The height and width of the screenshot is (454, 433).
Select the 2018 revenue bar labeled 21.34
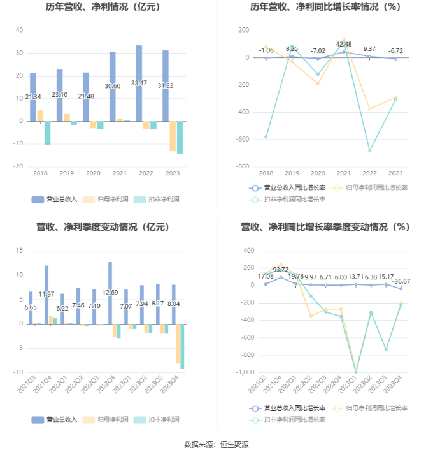[x=32, y=97]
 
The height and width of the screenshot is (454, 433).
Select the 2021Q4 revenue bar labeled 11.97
[x=46, y=294]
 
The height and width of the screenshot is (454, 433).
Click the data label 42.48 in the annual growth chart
[x=344, y=44]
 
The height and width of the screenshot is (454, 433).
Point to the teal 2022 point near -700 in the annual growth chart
[x=370, y=150]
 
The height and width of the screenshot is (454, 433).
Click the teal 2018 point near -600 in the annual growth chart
[x=266, y=137]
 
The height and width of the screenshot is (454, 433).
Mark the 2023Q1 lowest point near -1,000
[x=355, y=371]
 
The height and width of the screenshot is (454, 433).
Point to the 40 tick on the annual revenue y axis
[x=19, y=31]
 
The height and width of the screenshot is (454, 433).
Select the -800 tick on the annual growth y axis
[x=243, y=166]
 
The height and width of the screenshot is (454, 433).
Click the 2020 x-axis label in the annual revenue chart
[x=93, y=173]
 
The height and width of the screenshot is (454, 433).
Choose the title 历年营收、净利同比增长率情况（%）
[x=325, y=8]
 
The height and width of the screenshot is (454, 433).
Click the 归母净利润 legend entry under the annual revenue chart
[x=106, y=200]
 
